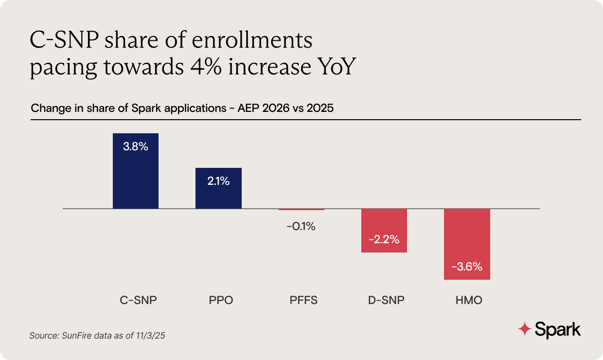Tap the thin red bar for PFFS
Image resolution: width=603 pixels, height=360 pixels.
[x=301, y=210]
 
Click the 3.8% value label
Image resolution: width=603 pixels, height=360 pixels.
[x=136, y=146]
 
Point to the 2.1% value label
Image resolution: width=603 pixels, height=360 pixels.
[x=218, y=181]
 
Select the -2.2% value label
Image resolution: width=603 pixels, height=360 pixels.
[x=384, y=239]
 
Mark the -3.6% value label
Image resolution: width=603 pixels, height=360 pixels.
[x=467, y=267]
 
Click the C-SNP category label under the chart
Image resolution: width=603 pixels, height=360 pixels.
[x=138, y=300]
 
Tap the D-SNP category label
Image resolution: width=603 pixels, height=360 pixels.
[x=386, y=300]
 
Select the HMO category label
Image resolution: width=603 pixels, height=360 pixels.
[x=469, y=300]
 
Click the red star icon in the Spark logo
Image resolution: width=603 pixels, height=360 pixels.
[x=524, y=329]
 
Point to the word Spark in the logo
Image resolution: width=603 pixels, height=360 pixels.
[x=558, y=329]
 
